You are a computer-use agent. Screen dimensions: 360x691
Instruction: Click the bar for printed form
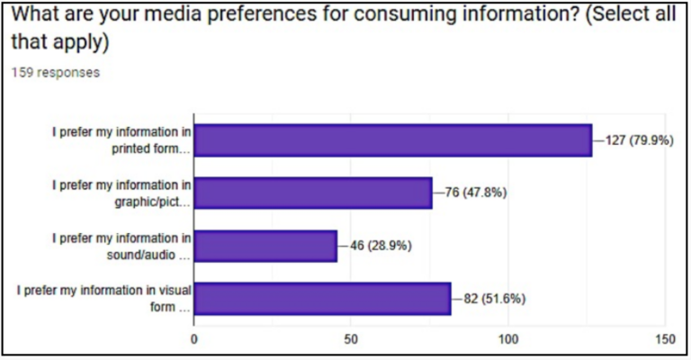(x=393, y=140)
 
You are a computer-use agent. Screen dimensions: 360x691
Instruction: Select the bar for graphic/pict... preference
(x=313, y=193)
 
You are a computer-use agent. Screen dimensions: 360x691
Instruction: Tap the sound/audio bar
(x=265, y=246)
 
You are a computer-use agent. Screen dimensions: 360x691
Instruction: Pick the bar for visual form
(x=322, y=298)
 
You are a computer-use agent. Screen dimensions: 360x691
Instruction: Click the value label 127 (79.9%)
(x=639, y=140)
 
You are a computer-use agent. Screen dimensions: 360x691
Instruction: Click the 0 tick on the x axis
(x=194, y=340)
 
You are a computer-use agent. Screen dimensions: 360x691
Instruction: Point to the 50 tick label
(x=351, y=340)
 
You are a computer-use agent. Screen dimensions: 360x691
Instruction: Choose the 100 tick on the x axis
(x=508, y=340)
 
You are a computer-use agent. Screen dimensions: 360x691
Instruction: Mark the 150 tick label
(x=665, y=340)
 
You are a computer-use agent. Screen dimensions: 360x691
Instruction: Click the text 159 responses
(x=55, y=73)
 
